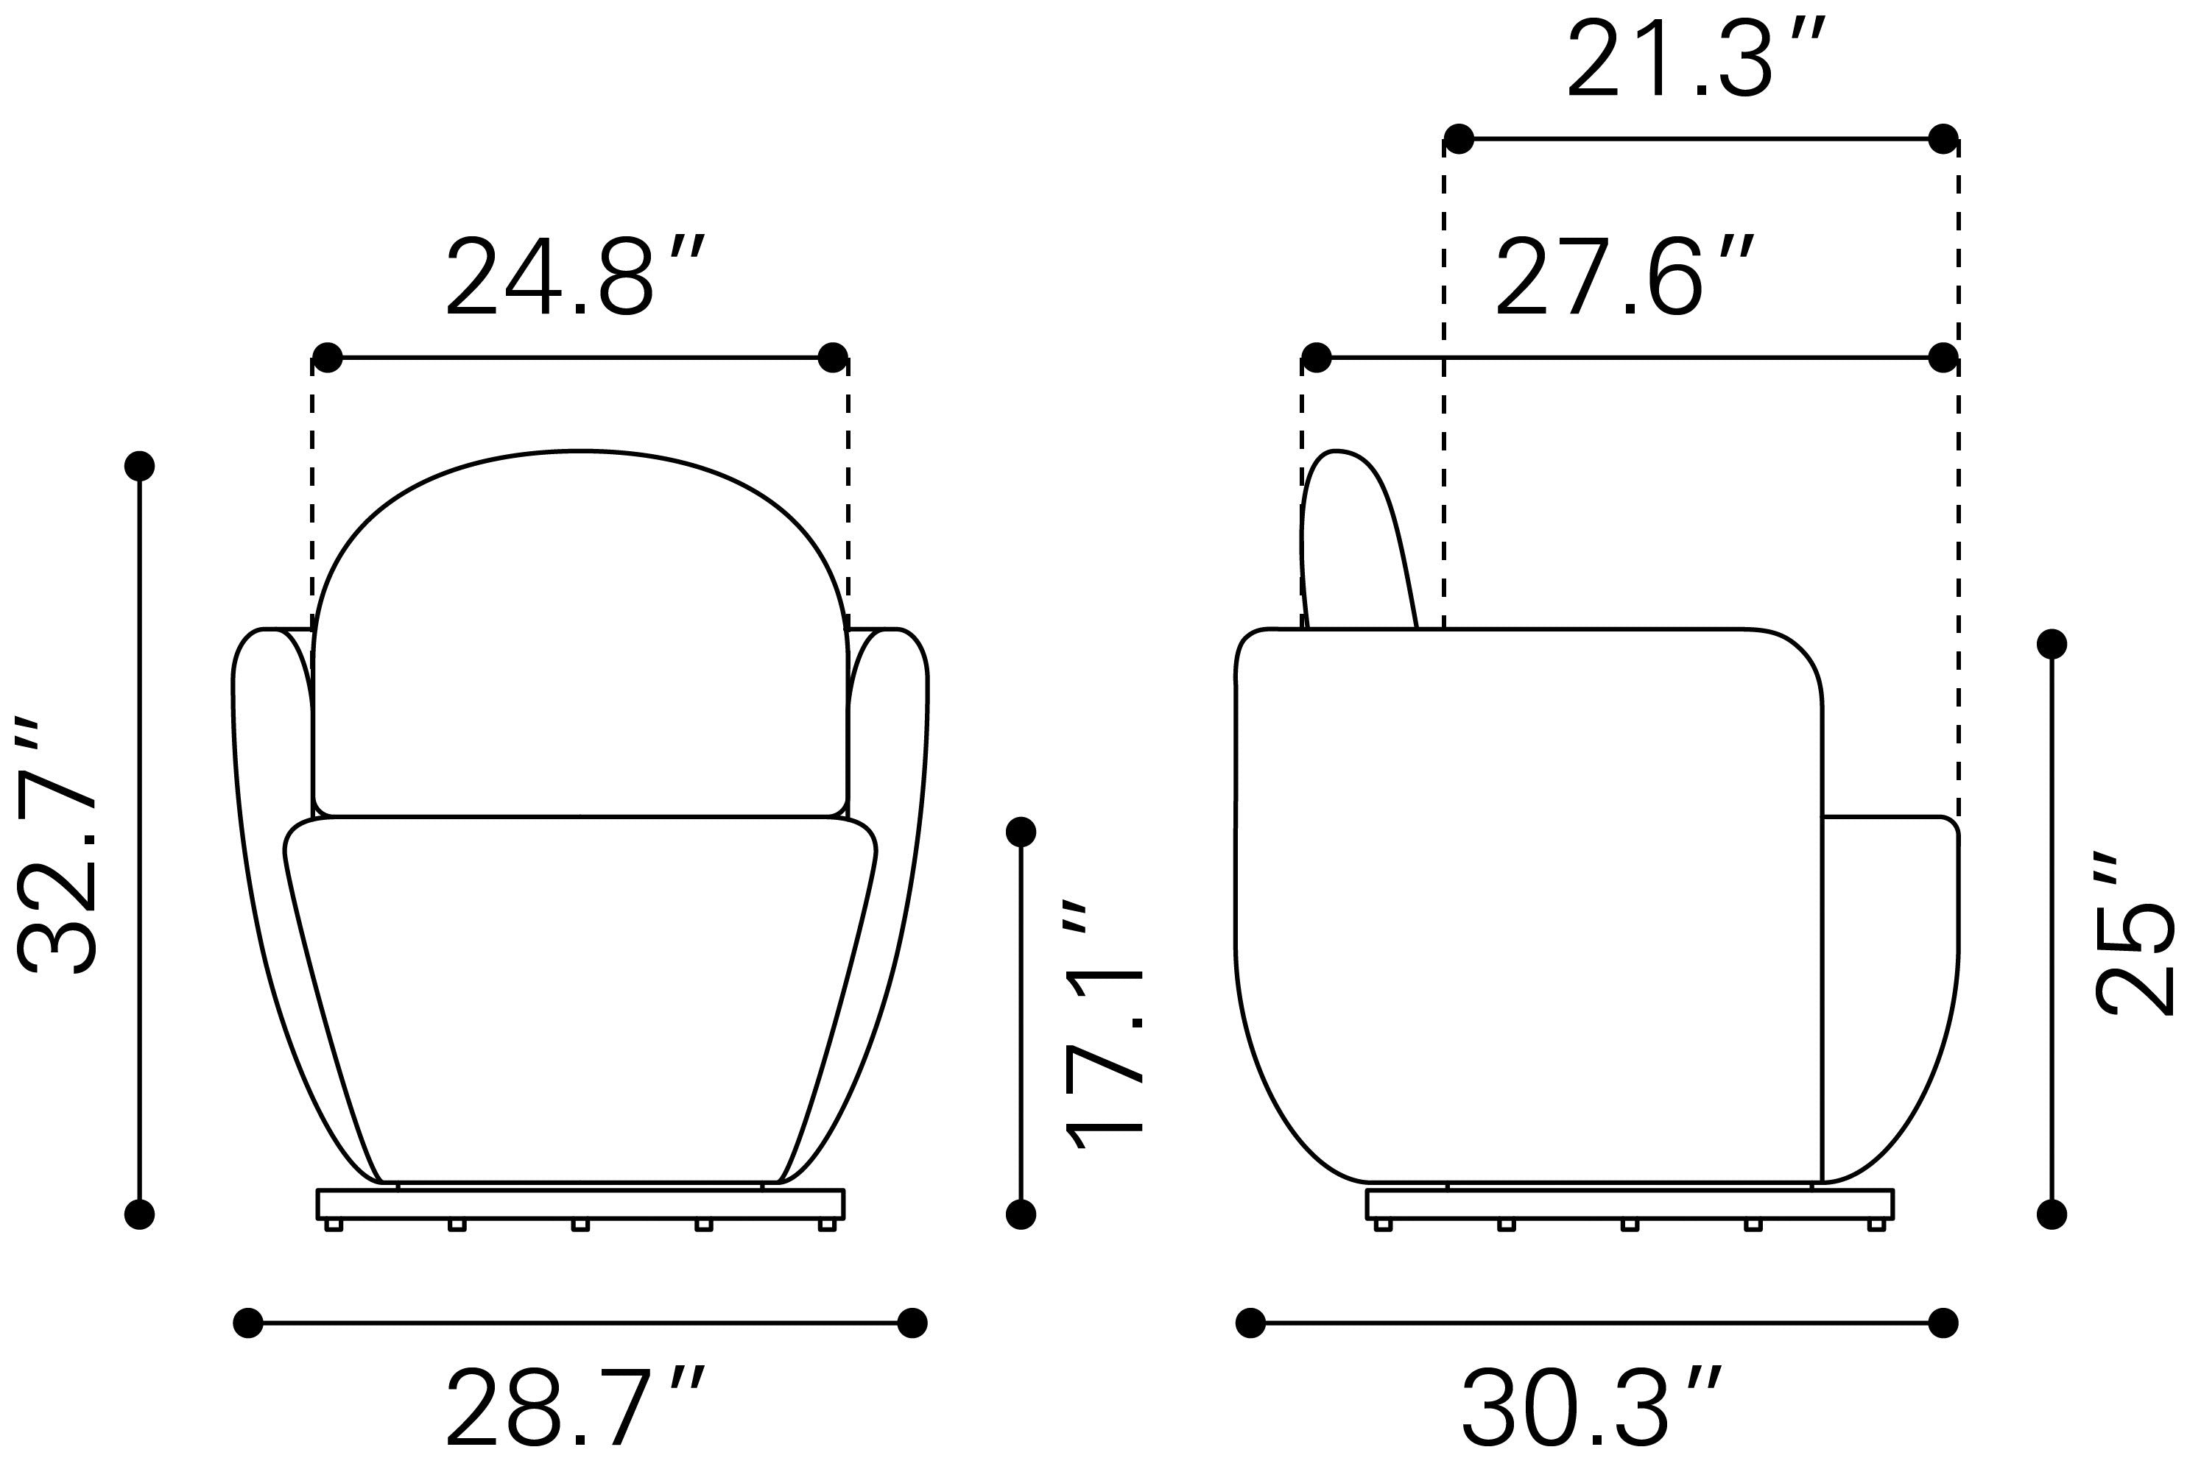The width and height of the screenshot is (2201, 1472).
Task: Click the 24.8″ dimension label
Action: [574, 276]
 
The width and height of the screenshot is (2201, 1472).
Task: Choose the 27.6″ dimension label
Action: [1624, 276]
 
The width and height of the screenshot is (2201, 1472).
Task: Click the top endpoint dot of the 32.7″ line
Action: [140, 466]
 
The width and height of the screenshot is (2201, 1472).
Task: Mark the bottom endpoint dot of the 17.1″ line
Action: [1021, 1215]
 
